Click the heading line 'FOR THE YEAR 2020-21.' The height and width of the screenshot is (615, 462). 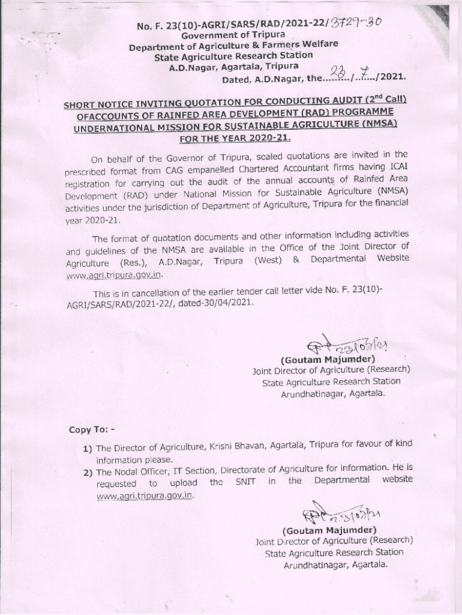point(235,138)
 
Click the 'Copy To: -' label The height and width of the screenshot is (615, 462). point(91,429)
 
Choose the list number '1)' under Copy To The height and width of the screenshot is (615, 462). point(88,448)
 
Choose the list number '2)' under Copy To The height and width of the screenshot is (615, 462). point(88,472)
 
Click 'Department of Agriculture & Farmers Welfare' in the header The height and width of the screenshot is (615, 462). point(233,45)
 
